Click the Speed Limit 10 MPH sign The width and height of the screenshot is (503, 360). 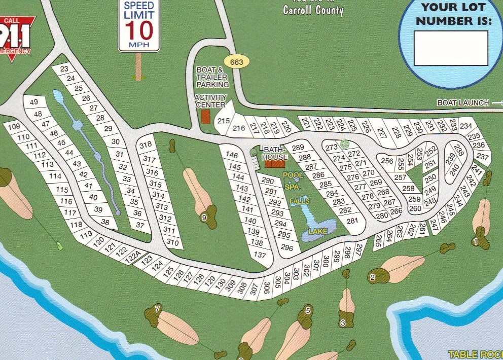coord(139,25)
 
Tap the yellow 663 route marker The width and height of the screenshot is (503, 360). coord(236,62)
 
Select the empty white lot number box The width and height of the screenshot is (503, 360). coord(450,48)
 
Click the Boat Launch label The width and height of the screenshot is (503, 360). coord(463,103)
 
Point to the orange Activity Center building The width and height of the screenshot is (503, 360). coord(205,116)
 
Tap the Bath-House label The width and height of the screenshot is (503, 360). coord(274,154)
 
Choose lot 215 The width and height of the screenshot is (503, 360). coord(224,121)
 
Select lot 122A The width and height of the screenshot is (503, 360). coord(132,256)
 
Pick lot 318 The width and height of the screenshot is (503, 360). coord(146,145)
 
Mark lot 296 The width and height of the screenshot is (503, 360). coord(287,248)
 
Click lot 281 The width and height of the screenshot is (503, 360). coord(352,221)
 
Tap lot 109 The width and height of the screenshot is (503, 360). coord(14,127)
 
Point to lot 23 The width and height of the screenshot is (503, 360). coord(64,69)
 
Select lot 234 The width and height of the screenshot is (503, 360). coord(465,126)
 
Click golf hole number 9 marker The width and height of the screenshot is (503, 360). coord(204,218)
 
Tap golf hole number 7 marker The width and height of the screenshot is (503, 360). coord(158,309)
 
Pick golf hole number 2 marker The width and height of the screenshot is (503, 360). coord(372,277)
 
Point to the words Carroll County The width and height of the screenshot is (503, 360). coord(313,10)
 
